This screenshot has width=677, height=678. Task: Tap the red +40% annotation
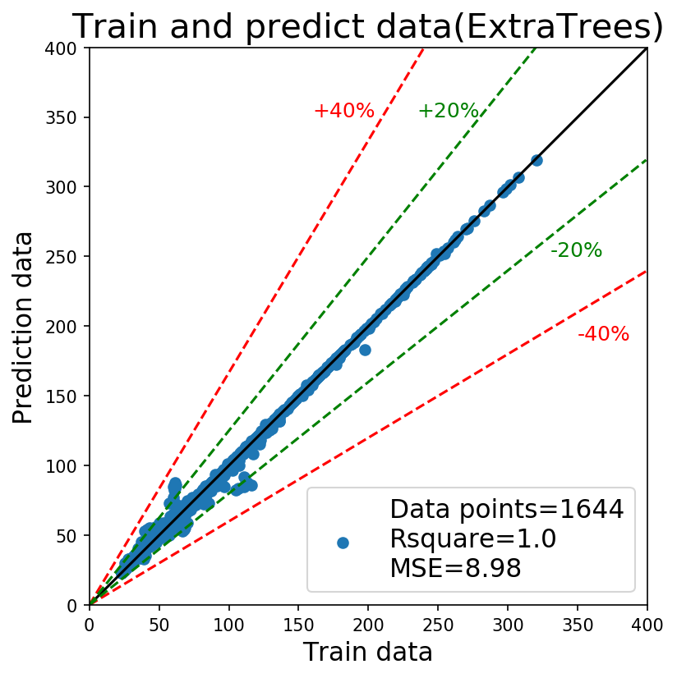(x=344, y=111)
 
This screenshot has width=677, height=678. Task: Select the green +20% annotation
(x=449, y=111)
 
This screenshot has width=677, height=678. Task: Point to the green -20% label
(x=576, y=250)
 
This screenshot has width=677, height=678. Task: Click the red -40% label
(x=603, y=334)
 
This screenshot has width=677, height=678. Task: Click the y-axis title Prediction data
(x=22, y=328)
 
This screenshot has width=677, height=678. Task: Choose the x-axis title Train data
(x=367, y=652)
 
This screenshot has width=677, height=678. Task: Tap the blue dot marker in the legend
(x=343, y=543)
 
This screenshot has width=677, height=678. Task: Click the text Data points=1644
(x=507, y=509)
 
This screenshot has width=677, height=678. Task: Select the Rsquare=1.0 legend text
(x=473, y=538)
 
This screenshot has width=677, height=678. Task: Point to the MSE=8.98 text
(x=455, y=568)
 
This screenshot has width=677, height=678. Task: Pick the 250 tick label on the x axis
(x=438, y=625)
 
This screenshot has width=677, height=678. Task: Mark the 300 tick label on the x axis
(x=508, y=625)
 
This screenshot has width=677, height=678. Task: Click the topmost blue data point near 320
(x=537, y=160)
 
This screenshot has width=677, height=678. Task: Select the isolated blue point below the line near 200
(x=365, y=350)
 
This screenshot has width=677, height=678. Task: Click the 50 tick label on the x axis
(x=159, y=625)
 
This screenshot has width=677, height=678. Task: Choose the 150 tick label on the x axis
(x=299, y=625)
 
